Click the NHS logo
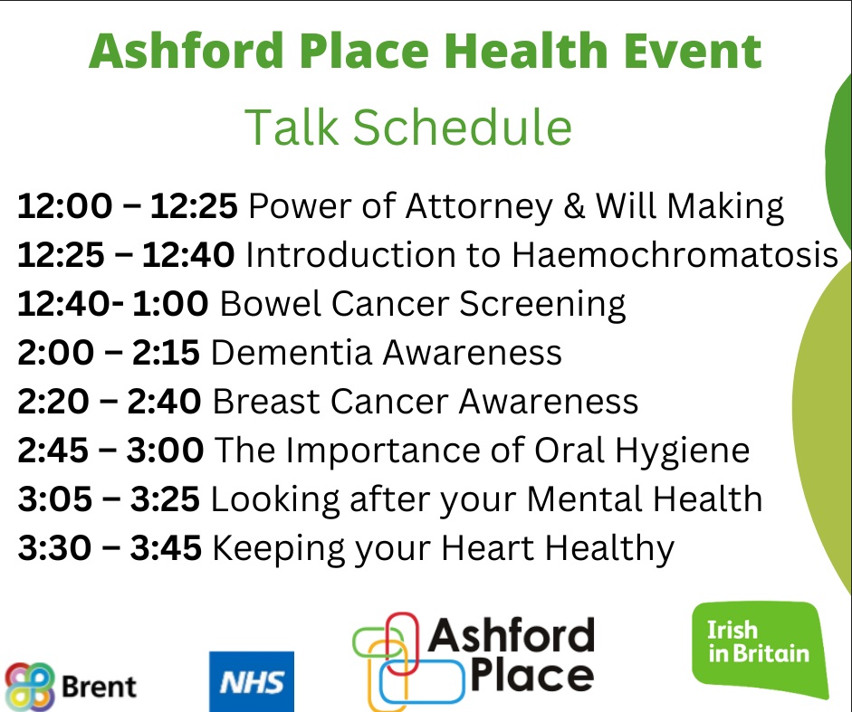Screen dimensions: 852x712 252,681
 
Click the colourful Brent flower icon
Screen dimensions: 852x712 30,687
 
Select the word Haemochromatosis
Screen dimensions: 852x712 675,255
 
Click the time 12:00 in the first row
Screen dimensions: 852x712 64,206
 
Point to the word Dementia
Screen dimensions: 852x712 291,353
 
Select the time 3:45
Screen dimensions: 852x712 166,547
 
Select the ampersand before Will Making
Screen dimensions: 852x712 574,206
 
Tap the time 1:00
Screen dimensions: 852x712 170,303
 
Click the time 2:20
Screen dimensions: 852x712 53,402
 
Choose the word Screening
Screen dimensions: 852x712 542,305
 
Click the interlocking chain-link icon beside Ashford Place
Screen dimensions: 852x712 407,662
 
